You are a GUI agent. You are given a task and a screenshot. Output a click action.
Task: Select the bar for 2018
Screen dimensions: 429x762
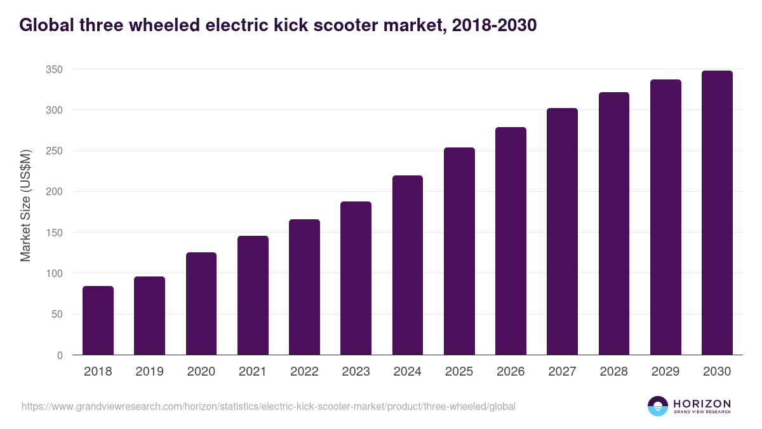(98, 320)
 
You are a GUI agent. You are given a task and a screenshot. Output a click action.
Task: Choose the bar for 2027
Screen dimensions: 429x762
(562, 231)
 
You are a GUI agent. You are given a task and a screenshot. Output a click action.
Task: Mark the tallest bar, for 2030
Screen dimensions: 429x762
(717, 213)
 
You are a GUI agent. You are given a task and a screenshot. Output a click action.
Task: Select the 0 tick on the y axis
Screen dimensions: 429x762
(60, 355)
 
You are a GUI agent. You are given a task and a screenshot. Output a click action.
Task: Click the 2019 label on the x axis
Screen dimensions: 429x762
(149, 372)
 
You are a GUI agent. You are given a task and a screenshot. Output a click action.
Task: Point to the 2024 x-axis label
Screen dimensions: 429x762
(407, 372)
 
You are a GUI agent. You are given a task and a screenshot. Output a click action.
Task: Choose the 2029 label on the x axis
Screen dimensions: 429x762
(665, 372)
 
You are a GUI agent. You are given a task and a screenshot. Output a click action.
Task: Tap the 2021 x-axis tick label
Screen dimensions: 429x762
(253, 372)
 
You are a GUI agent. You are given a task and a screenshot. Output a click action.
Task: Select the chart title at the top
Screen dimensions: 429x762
(278, 25)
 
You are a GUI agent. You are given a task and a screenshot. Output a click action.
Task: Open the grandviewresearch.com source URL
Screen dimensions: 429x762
(269, 406)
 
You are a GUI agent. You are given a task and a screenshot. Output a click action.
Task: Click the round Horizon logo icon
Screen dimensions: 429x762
(658, 406)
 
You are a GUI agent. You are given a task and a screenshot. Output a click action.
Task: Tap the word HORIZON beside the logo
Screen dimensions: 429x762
(702, 404)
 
